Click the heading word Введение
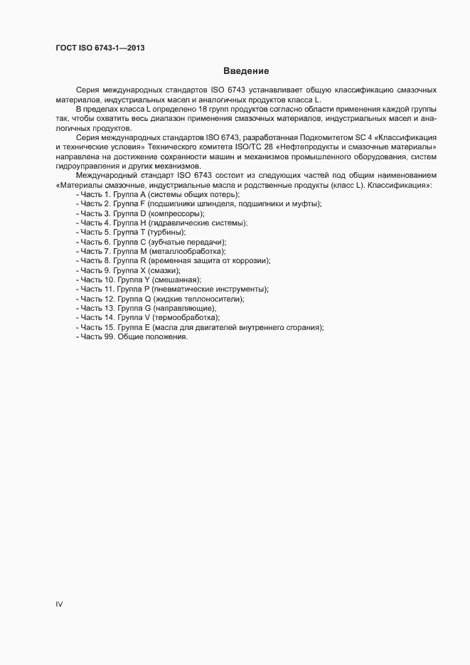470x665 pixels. click(245, 70)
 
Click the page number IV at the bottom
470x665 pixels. click(59, 605)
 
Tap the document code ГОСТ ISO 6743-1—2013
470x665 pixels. click(102, 48)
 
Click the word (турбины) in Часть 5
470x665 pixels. click(166, 233)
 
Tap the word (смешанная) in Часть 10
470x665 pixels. click(176, 280)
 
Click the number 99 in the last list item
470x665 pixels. click(110, 336)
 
